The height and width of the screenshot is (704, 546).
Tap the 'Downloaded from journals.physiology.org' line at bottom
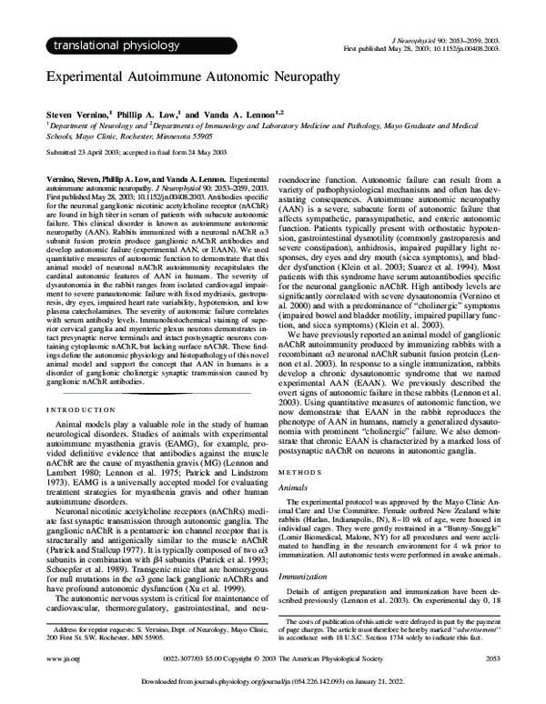pos(273,683)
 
